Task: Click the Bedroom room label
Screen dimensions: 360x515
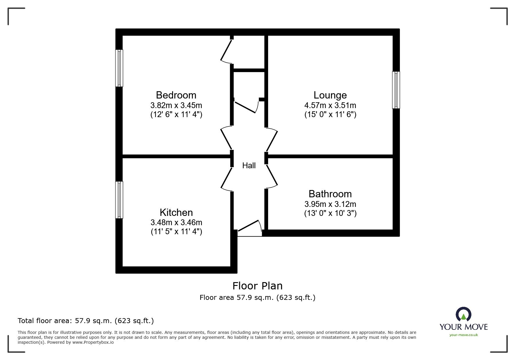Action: coord(176,95)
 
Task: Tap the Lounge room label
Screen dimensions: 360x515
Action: coord(330,95)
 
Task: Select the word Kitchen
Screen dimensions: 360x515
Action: coord(176,212)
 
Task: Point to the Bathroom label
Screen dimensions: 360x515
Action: coord(330,194)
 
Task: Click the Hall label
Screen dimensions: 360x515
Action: coord(249,166)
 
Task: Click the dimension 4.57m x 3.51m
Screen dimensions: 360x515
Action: coord(330,105)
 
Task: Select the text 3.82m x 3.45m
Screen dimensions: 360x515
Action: coord(176,105)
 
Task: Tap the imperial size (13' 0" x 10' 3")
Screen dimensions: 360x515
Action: coord(330,213)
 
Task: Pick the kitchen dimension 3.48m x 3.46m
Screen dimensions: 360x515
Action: coord(176,223)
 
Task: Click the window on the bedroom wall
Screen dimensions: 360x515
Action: coord(119,68)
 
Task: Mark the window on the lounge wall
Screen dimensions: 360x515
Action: coord(396,90)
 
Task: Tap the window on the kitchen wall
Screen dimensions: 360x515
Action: coord(119,200)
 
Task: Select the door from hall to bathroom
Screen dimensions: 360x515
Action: coord(272,176)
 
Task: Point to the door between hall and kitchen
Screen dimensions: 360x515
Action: coord(227,178)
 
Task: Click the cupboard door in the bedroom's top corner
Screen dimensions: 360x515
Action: coord(226,51)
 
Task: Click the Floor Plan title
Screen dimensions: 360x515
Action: coord(257,286)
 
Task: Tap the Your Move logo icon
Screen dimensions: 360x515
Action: coord(463,315)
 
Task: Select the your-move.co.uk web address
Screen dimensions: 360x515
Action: coord(464,335)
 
